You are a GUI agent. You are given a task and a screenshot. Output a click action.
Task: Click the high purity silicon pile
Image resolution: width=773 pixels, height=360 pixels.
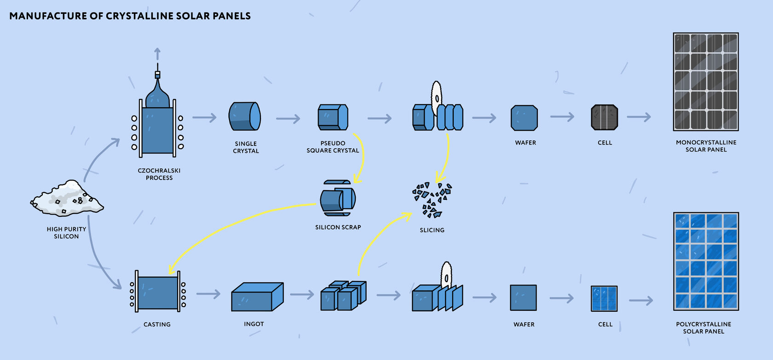(67, 199)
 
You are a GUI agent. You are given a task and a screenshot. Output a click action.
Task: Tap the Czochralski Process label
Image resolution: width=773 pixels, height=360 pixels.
(159, 174)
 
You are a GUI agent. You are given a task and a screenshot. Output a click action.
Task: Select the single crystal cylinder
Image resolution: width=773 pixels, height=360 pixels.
(245, 116)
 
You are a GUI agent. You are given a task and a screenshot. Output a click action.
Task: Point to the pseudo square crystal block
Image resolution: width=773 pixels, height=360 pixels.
(333, 117)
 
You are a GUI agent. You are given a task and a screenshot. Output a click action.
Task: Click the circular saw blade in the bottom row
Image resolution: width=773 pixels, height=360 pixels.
(446, 275)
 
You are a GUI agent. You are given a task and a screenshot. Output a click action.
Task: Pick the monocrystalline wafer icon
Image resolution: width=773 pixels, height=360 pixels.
(524, 118)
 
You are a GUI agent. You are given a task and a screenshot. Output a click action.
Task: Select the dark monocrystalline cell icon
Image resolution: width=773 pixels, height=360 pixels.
(604, 118)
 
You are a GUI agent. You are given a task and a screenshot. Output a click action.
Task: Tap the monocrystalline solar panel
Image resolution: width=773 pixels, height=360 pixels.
(705, 82)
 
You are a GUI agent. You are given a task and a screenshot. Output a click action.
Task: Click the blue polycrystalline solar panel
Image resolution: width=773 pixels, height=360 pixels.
(706, 261)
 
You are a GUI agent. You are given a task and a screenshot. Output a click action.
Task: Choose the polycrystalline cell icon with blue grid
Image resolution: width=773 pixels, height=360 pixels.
(604, 298)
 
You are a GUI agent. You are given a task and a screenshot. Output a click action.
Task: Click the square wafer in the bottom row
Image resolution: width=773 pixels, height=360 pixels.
(523, 298)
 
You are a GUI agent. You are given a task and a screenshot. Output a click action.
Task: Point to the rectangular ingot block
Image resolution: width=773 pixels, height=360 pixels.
(257, 297)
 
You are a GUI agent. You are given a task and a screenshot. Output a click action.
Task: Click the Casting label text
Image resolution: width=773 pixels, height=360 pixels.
(157, 325)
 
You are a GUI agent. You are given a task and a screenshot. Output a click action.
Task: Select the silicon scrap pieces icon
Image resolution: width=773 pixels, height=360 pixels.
(338, 198)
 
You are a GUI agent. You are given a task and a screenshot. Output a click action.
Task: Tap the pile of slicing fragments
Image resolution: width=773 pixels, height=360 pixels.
(432, 199)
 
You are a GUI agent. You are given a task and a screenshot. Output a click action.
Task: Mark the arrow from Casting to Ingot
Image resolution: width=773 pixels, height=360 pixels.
(208, 294)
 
